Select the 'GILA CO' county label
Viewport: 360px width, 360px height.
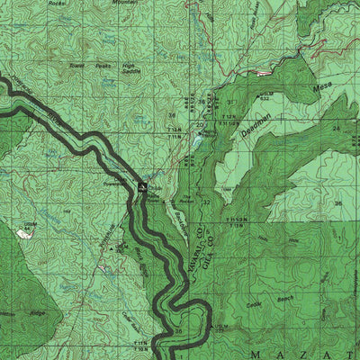(216, 253)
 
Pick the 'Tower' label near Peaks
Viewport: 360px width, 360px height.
(78, 65)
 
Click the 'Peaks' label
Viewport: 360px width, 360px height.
(104, 66)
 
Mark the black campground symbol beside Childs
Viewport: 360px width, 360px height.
(142, 186)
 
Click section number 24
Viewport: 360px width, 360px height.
(336, 129)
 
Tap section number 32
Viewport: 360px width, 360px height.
(206, 202)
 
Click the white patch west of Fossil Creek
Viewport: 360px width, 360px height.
(24, 232)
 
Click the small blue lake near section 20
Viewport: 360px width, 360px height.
(195, 139)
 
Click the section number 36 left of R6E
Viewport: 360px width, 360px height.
(173, 116)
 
